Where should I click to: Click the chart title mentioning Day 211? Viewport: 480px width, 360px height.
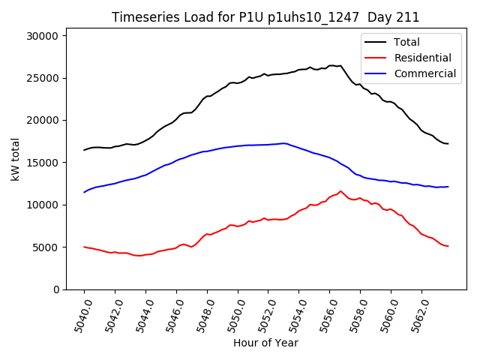pos(265,17)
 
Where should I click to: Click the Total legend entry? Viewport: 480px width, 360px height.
pos(407,42)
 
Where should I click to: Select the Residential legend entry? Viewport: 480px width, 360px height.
pos(422,58)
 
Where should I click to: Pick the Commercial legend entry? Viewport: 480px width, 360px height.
pos(424,73)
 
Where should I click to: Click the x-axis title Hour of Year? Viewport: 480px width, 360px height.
pos(265,343)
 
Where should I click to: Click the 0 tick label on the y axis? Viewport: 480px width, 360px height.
pos(64,289)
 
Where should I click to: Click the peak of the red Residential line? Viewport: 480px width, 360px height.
pos(340,190)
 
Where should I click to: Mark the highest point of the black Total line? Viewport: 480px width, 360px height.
pos(331,65)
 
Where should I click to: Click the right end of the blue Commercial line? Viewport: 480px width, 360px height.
pos(448,187)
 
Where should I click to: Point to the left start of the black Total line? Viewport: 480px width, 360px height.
pos(84,150)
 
